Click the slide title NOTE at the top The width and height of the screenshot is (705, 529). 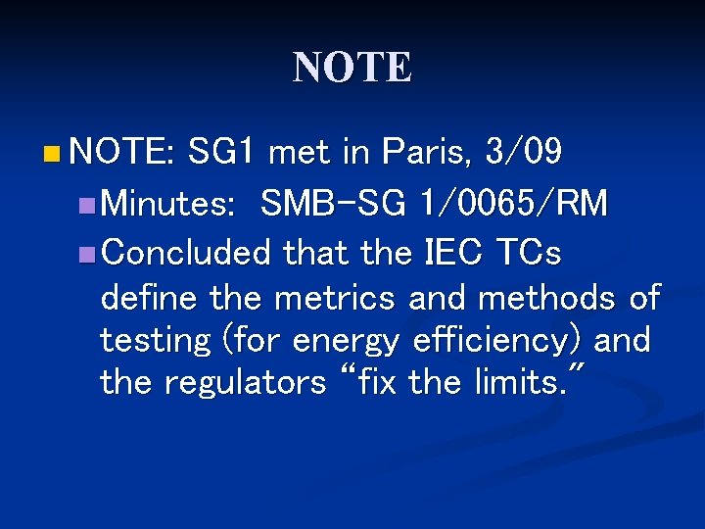[x=352, y=68]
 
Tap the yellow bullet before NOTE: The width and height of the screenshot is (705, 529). [x=51, y=153]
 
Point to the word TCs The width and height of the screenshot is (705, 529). [x=530, y=254]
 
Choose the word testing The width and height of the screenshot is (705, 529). [x=155, y=341]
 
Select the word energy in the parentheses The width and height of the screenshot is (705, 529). [x=347, y=341]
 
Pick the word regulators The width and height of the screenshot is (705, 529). [x=245, y=382]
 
